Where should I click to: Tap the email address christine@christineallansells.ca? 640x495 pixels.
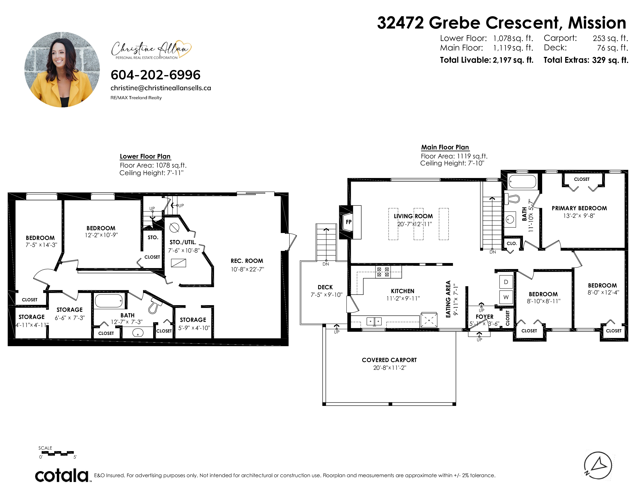(x=161, y=88)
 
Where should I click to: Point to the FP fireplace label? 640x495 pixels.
(x=349, y=222)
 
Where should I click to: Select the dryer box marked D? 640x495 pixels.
(x=506, y=282)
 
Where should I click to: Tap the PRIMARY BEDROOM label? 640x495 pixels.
(x=579, y=208)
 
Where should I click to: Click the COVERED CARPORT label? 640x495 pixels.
(x=389, y=360)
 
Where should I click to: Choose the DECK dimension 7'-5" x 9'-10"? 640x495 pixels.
(x=326, y=295)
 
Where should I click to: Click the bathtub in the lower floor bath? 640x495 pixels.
(x=109, y=301)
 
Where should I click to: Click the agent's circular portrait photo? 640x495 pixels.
(x=62, y=69)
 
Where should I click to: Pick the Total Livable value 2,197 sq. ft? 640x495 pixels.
(x=513, y=60)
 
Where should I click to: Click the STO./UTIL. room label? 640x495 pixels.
(x=183, y=242)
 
